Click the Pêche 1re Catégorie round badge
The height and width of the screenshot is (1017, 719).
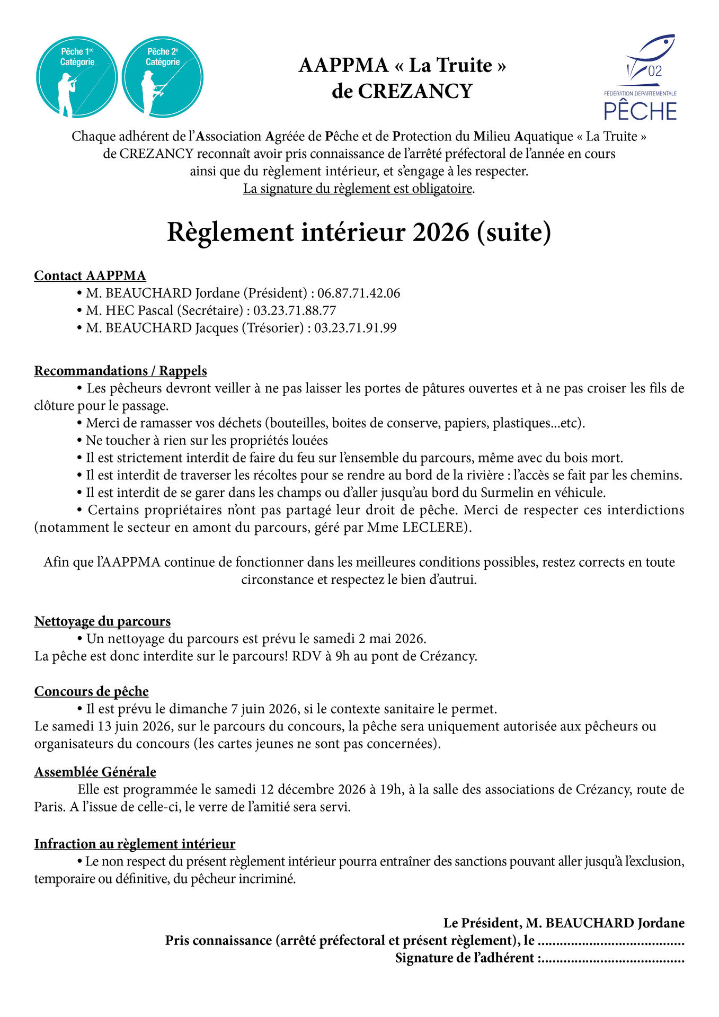[x=77, y=77]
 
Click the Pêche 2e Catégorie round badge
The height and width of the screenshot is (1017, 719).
[x=163, y=77]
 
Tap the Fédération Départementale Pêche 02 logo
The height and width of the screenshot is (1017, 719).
[x=641, y=78]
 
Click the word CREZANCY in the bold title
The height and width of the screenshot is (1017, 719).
[x=415, y=91]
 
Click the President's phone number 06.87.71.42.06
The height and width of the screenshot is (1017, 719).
[x=359, y=293]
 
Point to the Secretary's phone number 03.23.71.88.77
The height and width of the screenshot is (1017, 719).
[x=295, y=310]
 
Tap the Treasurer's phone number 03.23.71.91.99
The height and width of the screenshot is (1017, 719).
[x=356, y=328]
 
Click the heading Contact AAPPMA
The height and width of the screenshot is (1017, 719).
[x=90, y=275]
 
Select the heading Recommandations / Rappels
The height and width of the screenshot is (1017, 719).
[x=121, y=371]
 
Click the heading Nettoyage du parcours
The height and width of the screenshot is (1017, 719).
[x=102, y=621]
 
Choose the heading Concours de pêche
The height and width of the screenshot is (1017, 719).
[x=92, y=691]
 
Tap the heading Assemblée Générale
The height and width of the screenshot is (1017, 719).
[x=95, y=772]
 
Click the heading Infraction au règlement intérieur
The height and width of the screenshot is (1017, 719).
[x=135, y=844]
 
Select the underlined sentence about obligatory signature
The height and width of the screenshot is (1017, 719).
[x=358, y=189]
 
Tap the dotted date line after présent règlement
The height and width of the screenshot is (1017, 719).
[x=611, y=941]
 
